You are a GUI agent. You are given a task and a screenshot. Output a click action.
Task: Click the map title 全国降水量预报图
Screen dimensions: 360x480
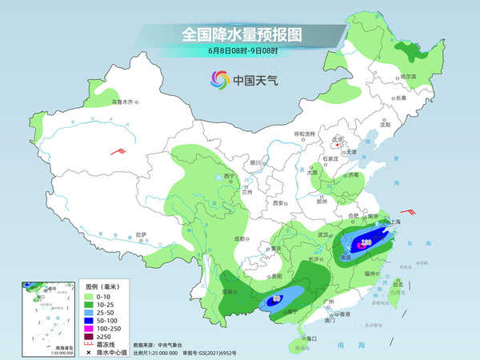(240, 34)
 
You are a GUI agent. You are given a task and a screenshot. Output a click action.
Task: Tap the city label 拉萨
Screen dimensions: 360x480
(142, 234)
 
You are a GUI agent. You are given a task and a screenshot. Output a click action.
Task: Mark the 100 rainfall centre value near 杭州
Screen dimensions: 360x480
(366, 240)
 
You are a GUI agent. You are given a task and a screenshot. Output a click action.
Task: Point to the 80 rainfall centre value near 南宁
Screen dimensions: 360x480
(277, 298)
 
